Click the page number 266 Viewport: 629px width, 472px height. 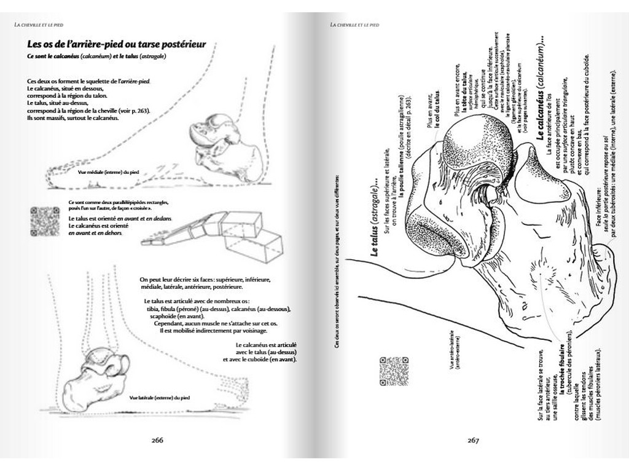pos(157,440)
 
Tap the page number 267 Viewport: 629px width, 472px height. pos(472,440)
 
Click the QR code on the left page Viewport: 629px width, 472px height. pos(44,221)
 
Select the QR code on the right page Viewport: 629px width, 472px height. pos(394,371)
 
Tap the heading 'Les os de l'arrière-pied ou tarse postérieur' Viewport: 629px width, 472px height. pos(116,45)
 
